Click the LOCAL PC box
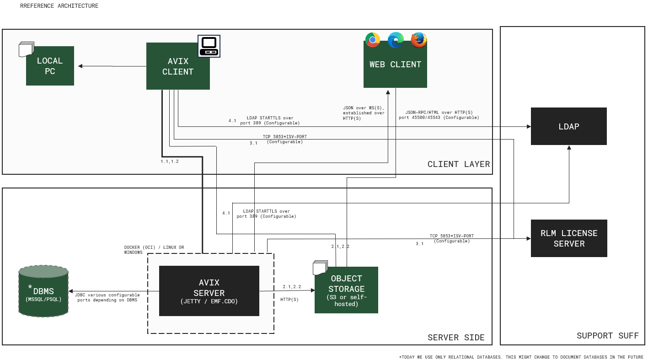[x=50, y=66]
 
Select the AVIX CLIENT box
[x=178, y=66]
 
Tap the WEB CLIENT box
[x=395, y=64]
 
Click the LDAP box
[x=568, y=126]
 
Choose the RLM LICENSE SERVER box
[x=568, y=238]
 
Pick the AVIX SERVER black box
[x=209, y=291]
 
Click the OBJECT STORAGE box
[x=346, y=290]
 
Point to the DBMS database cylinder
[x=43, y=291]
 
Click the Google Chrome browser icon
[x=373, y=40]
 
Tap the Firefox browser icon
[x=418, y=40]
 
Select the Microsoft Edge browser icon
[x=396, y=40]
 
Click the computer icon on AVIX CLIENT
[x=209, y=46]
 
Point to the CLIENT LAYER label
[x=458, y=164]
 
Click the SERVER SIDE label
[x=456, y=338]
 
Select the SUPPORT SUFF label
[x=607, y=336]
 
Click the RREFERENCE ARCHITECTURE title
[x=59, y=6]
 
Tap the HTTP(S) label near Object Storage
[x=289, y=300]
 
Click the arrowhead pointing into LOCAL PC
[x=80, y=66]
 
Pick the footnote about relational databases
[x=521, y=357]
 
